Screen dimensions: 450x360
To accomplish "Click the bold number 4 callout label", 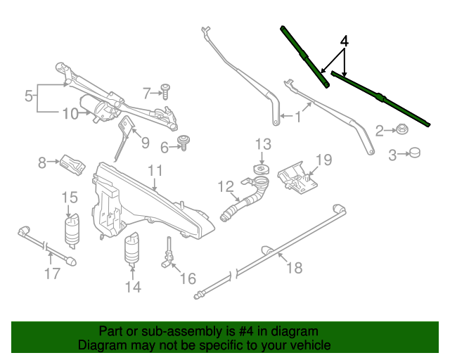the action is [345, 41].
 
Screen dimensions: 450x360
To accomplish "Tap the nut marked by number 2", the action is [402, 129].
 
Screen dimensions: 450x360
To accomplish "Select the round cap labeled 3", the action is [414, 152].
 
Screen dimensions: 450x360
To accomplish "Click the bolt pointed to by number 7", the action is [165, 91].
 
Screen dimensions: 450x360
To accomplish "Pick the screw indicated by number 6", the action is [183, 143].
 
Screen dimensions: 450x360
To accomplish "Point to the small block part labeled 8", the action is [72, 165].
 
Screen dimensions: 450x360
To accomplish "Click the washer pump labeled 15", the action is [72, 231].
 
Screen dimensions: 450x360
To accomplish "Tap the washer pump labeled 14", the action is [131, 249].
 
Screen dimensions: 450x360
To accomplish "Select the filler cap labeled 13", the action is [262, 169].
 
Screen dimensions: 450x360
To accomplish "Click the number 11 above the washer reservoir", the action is [155, 171].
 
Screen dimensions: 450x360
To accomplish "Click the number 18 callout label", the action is [295, 268].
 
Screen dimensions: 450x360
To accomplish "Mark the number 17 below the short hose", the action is [53, 274].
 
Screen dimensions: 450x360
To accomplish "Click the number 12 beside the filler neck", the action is [226, 186].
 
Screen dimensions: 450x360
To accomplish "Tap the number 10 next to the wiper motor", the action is [70, 114].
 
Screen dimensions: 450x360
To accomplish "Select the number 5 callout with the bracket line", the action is [29, 96].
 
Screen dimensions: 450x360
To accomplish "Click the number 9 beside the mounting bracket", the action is [146, 143].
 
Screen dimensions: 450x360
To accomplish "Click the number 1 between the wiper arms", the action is [298, 117].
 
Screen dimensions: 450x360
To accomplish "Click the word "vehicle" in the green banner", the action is [310, 345].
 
